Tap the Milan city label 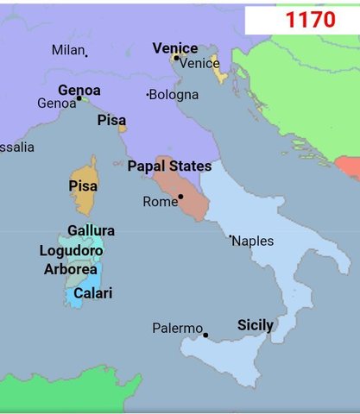point(68,50)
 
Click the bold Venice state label point(174,48)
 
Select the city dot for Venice point(175,58)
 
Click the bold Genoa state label point(79,90)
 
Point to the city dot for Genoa point(79,98)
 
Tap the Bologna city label point(174,94)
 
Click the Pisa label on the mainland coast point(111,119)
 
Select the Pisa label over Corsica point(83,185)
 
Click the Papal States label point(169,166)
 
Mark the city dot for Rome point(180,197)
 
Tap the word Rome point(160,202)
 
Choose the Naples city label point(253,241)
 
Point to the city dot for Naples point(231,236)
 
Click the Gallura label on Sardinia point(91,231)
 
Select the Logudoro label point(72,251)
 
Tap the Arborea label point(71,269)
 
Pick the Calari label point(92,293)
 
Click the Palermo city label point(177,329)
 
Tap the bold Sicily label point(256,325)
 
